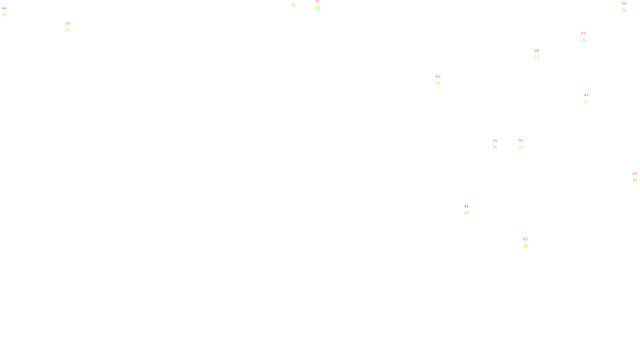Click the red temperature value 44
point(4,8)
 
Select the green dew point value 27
point(68,30)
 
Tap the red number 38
point(68,24)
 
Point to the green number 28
point(293,5)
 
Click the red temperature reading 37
point(583,34)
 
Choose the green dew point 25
point(583,40)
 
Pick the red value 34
point(537,51)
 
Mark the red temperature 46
point(586,95)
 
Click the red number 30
point(495,141)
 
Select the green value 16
point(495,147)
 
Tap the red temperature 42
point(521,140)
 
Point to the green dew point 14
point(635,180)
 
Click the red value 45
point(466,206)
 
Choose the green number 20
point(466,213)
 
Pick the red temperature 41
point(526,239)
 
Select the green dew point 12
point(526,246)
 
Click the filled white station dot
point(530,242)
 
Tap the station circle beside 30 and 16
point(498,144)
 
